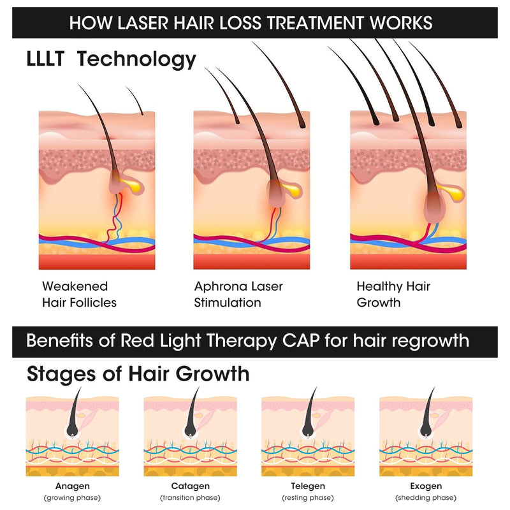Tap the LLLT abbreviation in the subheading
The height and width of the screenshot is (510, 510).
tap(52, 59)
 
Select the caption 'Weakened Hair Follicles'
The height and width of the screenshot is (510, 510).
tap(79, 295)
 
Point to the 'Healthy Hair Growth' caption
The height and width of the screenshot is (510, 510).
tap(393, 295)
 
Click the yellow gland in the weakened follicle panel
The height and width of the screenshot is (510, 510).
tap(133, 185)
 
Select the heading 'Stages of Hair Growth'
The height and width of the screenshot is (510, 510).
tap(138, 374)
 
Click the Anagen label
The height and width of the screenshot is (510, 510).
tap(68, 486)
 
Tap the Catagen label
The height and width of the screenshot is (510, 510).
tap(185, 486)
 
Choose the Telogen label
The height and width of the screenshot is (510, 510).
tap(303, 486)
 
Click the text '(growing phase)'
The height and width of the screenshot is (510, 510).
tap(68, 498)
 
